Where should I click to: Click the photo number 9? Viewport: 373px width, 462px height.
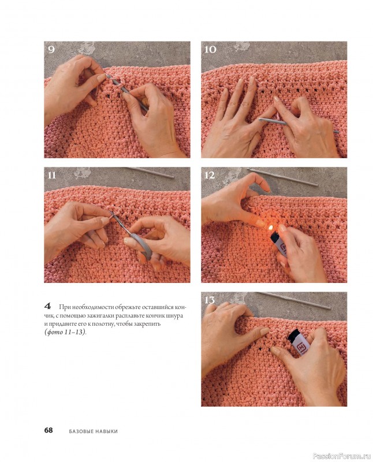coord(51,49)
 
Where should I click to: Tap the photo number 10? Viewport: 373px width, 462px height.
coord(210,49)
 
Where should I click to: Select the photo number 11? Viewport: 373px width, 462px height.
coord(51,176)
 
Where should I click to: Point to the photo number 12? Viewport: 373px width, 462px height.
coord(210,176)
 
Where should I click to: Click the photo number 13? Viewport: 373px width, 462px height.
coord(210,300)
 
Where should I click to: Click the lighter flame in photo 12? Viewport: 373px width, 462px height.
coord(270,227)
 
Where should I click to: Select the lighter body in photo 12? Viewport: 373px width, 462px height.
coord(278,243)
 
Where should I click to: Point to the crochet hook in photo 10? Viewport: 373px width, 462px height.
coord(299,125)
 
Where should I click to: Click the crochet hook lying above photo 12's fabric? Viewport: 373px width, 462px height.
coord(282,177)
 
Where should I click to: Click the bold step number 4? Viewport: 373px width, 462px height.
coord(48,305)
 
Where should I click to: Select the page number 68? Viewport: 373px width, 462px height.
coord(49,430)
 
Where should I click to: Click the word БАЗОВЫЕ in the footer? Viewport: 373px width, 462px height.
coord(81,431)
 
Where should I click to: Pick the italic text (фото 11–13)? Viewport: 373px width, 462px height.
coord(65,333)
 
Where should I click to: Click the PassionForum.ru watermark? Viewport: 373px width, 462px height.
coord(341,456)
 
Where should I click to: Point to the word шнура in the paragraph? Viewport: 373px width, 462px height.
coord(176,316)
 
